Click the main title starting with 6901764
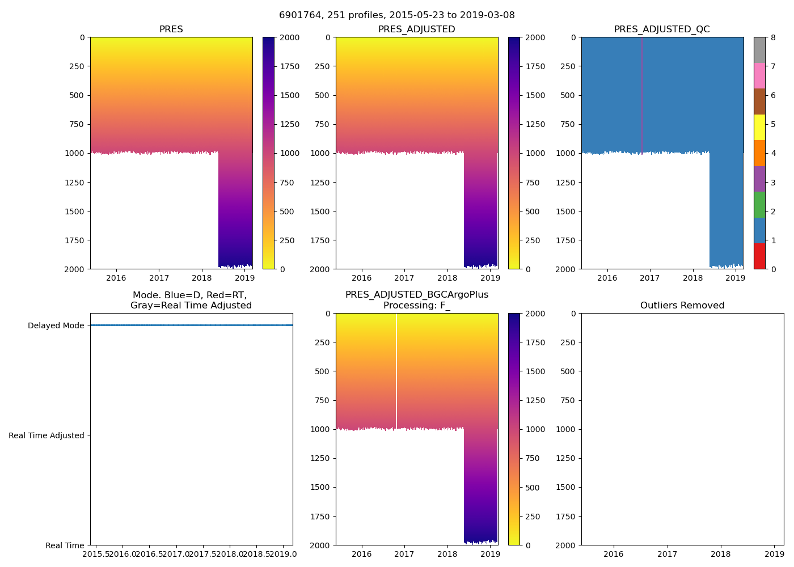pyautogui.click(x=396, y=15)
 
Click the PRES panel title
pyautogui.click(x=171, y=29)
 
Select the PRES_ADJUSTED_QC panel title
pyautogui.click(x=662, y=29)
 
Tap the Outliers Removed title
pyautogui.click(x=682, y=306)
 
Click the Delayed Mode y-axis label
pyautogui.click(x=56, y=325)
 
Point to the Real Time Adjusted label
pyautogui.click(x=46, y=435)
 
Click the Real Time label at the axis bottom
pyautogui.click(x=65, y=545)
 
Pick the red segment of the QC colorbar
pyautogui.click(x=759, y=256)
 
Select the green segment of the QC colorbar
pyautogui.click(x=759, y=205)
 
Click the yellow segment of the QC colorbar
pyautogui.click(x=759, y=128)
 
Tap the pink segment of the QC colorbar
pyautogui.click(x=759, y=76)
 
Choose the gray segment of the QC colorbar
pyautogui.click(x=759, y=50)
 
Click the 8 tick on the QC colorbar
pyautogui.click(x=773, y=37)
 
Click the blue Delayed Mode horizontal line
pyautogui.click(x=191, y=325)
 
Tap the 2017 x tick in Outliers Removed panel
pyautogui.click(x=667, y=554)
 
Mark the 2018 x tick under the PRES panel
pyautogui.click(x=202, y=278)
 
